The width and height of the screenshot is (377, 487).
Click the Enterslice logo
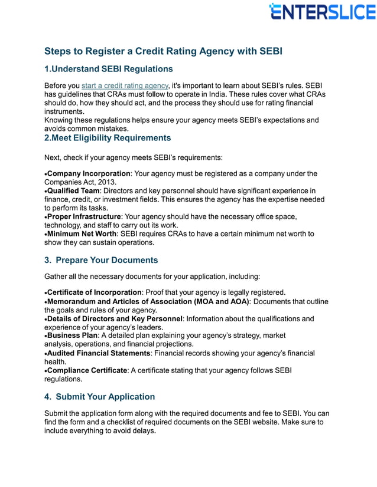[322, 12]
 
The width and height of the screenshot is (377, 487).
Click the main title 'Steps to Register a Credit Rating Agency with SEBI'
[163, 51]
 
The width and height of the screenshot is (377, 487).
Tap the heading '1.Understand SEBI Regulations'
[109, 69]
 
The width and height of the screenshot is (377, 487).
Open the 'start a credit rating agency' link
[125, 86]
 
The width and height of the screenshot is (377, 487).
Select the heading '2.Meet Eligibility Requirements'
[108, 138]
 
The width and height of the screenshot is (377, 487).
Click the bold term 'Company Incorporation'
[89, 174]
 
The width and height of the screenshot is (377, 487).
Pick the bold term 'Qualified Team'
[73, 191]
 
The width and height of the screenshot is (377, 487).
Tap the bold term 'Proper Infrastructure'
[84, 217]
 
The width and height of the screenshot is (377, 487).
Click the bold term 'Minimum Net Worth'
[82, 234]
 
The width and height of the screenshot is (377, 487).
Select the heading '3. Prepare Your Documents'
[101, 260]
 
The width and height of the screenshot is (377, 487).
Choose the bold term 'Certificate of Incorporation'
[95, 293]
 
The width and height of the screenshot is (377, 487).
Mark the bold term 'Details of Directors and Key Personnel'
[115, 319]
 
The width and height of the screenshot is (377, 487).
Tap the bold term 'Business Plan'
[73, 335]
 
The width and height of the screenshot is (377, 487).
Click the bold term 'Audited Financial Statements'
[99, 353]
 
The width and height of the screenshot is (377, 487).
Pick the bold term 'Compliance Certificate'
[87, 370]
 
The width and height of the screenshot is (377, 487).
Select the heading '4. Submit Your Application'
[100, 397]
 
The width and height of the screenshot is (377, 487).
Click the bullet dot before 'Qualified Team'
[45, 191]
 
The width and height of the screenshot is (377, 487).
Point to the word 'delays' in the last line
[142, 431]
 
